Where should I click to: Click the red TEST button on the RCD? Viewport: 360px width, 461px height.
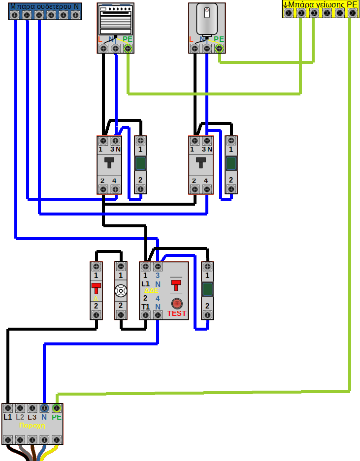(x=176, y=303)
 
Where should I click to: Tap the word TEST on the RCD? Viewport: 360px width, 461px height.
(x=177, y=313)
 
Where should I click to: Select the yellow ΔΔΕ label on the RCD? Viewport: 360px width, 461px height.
(x=151, y=291)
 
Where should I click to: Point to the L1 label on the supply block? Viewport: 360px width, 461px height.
(x=7, y=417)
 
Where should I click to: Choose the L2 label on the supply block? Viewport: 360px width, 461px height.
(x=20, y=417)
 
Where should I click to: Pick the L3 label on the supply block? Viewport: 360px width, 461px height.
(x=32, y=417)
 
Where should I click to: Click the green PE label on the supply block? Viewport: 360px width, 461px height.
(x=57, y=417)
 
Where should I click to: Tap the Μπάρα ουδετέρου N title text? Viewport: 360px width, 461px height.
(x=44, y=6)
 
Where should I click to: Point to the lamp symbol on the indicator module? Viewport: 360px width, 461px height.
(x=121, y=291)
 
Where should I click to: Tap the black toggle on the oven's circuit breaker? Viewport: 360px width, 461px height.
(x=109, y=162)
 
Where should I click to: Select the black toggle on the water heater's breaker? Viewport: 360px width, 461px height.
(x=201, y=162)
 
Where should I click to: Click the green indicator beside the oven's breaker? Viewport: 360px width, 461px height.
(x=140, y=163)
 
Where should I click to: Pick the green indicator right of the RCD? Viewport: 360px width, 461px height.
(x=207, y=289)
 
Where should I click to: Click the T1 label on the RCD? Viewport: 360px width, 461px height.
(x=146, y=307)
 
